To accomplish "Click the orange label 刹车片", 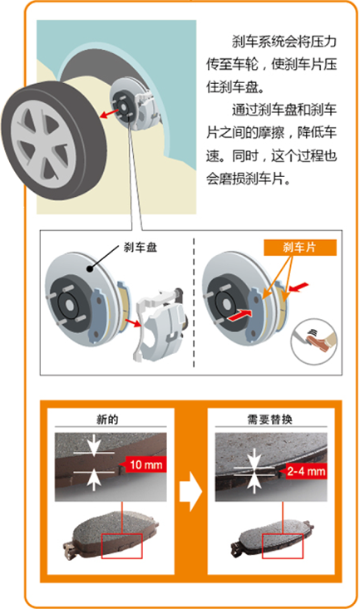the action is click(300, 248).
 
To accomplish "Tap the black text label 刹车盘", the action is click(141, 247).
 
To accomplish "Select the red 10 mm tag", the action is click(143, 464).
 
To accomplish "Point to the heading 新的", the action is click(107, 420).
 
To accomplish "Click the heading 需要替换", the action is click(270, 420).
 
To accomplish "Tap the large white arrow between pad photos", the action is click(190, 491).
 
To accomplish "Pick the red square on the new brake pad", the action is click(122, 546).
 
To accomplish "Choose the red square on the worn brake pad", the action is click(283, 546).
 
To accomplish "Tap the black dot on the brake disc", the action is click(90, 268).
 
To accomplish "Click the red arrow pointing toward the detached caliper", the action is click(132, 322).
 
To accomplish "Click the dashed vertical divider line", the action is click(194, 302).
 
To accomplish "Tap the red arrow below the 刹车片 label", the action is click(298, 287).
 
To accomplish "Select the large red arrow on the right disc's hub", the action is click(238, 315).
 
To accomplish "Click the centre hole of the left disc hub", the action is click(69, 305).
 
